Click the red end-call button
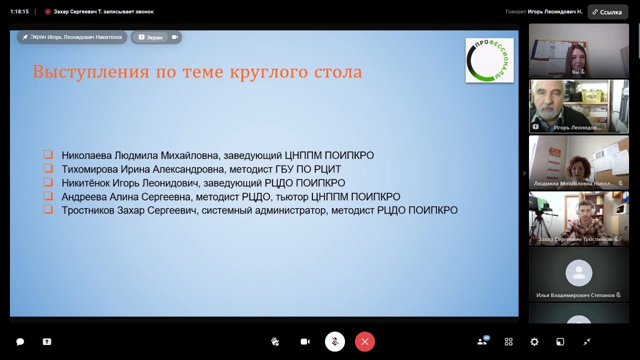click(x=365, y=341)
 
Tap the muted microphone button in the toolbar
click(x=335, y=341)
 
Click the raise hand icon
click(x=275, y=341)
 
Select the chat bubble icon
click(x=20, y=341)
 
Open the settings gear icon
click(x=534, y=341)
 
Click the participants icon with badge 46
click(x=483, y=341)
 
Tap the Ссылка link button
click(x=607, y=12)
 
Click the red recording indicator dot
click(x=48, y=11)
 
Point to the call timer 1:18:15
click(x=19, y=11)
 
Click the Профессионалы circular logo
click(x=489, y=60)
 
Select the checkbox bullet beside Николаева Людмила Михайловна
click(x=48, y=154)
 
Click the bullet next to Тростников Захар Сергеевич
click(x=48, y=209)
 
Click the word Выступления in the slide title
click(x=91, y=71)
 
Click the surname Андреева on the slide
click(x=83, y=197)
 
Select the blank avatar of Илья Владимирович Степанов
click(x=579, y=273)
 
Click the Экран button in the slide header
click(x=150, y=37)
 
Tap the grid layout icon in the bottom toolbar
click(x=508, y=341)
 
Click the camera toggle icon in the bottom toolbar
click(x=305, y=341)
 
